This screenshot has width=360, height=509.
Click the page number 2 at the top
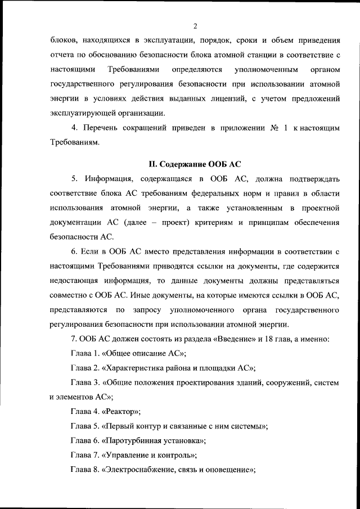194,25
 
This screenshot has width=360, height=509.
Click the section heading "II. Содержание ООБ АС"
194,164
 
